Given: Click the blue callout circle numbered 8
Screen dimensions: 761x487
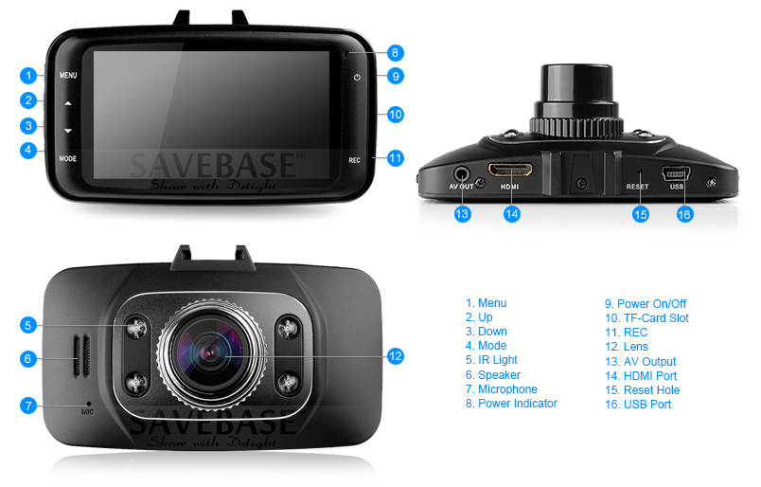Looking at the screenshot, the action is point(395,52).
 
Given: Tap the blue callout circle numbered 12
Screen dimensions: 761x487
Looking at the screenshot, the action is point(396,356).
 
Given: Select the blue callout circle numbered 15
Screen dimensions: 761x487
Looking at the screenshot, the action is point(641,214).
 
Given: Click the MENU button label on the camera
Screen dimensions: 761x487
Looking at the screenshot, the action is point(68,76).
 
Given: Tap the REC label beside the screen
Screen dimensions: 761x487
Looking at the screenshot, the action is point(354,160).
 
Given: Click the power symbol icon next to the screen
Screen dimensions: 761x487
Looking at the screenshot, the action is point(357,78).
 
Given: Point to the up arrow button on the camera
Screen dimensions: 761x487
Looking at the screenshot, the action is point(68,103).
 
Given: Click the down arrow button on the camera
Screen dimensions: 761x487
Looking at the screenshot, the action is point(68,130).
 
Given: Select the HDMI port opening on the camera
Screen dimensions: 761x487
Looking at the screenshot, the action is point(510,171).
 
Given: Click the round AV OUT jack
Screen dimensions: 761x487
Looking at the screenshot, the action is point(461,173).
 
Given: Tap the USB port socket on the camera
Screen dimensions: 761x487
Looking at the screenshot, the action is point(676,173).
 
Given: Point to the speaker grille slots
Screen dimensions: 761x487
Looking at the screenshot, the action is point(81,355).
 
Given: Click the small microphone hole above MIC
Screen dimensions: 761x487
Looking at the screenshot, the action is point(88,404).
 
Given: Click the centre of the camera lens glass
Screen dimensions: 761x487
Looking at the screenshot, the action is point(211,352).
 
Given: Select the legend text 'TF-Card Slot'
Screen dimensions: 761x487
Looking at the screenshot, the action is point(656,318).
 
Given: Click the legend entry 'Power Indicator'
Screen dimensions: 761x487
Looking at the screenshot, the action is point(518,404).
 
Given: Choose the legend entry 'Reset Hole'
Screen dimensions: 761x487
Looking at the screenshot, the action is point(651,390).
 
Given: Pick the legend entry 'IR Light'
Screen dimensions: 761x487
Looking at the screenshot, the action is point(498,360).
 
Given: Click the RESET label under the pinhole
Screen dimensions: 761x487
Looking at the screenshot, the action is point(637,187).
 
